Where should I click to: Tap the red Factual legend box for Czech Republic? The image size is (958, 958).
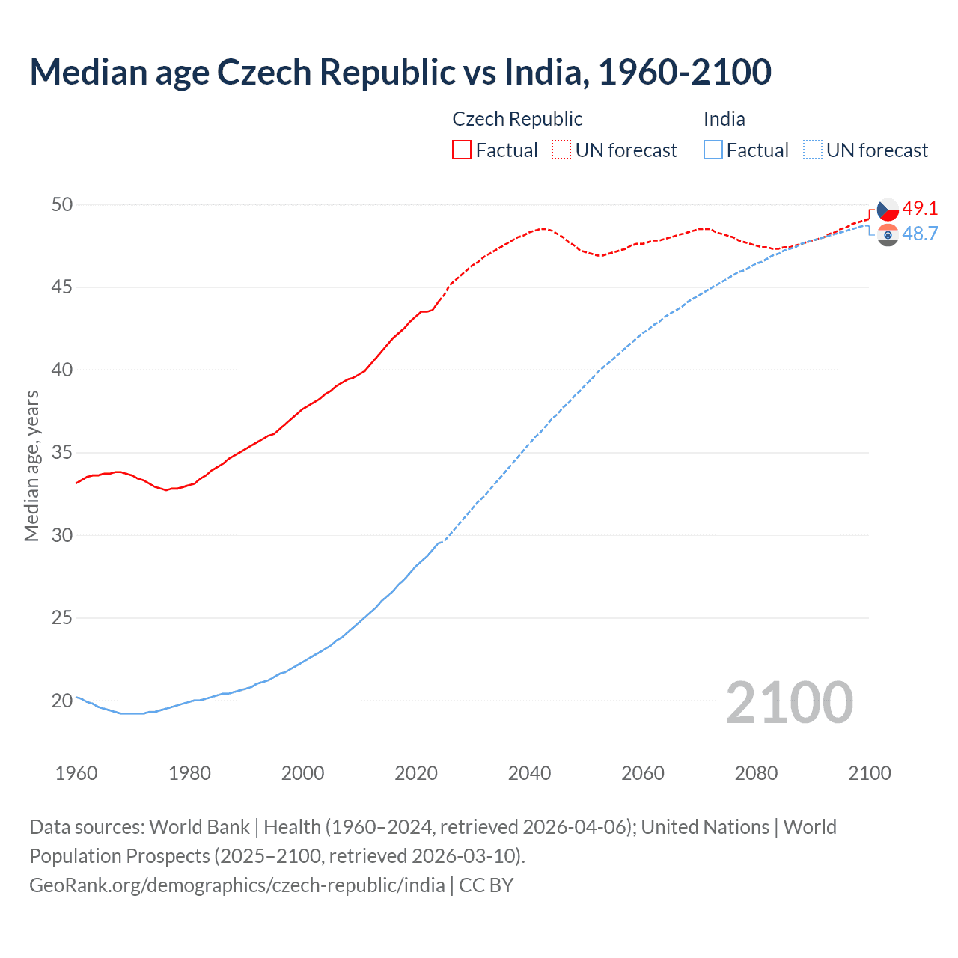tap(462, 150)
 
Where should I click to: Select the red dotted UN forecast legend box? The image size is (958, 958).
tap(561, 150)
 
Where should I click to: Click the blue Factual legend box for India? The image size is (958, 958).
tap(713, 150)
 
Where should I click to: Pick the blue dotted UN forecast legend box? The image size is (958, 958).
tap(813, 150)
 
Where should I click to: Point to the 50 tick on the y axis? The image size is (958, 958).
tap(62, 205)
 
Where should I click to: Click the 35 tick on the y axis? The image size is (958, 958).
tap(62, 453)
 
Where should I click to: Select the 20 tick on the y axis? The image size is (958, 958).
tap(62, 701)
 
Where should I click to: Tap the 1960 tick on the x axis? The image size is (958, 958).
tap(76, 773)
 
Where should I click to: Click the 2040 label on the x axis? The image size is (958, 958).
tap(529, 773)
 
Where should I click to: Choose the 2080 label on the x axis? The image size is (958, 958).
tap(756, 773)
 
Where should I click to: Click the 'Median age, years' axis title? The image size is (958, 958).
tap(31, 466)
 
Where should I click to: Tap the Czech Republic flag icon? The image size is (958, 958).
tap(888, 210)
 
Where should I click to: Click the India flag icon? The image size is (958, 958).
tap(888, 234)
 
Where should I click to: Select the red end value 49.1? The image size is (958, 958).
tap(920, 208)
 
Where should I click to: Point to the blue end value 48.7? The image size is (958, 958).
tap(920, 234)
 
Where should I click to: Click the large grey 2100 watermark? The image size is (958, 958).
tap(789, 702)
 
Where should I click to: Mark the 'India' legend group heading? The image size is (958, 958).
tap(724, 119)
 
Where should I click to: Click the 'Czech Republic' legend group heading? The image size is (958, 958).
tap(517, 119)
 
